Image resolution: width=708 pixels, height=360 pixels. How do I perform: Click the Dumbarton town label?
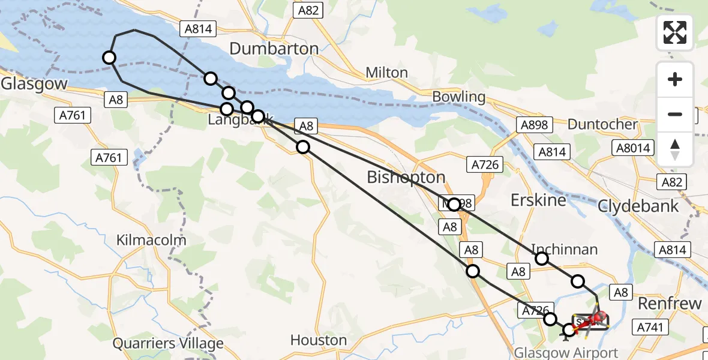coord(274,49)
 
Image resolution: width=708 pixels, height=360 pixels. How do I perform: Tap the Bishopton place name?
coord(406,178)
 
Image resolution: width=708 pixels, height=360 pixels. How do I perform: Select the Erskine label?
coord(538,200)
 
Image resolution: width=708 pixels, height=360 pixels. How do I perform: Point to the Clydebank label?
coord(638,206)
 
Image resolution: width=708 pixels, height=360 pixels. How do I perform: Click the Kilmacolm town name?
coord(151,240)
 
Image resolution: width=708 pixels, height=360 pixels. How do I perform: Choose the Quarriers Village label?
coord(168,344)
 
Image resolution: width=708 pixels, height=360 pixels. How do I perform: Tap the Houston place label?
coord(319,340)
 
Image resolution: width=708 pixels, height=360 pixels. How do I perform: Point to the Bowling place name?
coord(458,97)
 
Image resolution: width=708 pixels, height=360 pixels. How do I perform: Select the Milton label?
coord(387,73)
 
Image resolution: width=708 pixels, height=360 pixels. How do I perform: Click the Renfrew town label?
coord(670,304)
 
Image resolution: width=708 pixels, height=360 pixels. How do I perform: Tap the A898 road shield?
coord(533,124)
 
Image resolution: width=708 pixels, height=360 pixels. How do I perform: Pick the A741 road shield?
coord(650,327)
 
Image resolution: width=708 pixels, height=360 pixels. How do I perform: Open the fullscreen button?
coord(675,32)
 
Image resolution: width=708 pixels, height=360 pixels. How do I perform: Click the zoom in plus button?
coord(675,80)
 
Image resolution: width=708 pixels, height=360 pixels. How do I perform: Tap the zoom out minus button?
coord(675,114)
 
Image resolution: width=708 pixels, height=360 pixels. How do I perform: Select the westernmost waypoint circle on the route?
coord(109,58)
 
